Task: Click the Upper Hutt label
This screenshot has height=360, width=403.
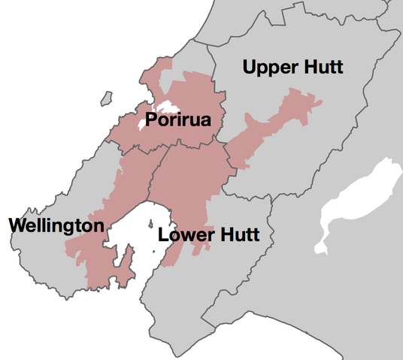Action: [x=292, y=68]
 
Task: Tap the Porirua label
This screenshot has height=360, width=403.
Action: [x=178, y=120]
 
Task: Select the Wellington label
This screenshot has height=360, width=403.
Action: [x=56, y=225]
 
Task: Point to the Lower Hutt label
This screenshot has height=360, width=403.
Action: [x=208, y=235]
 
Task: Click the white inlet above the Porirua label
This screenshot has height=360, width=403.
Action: [x=165, y=107]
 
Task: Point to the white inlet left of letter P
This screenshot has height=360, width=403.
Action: [x=141, y=123]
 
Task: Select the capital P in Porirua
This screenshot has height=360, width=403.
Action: [x=151, y=120]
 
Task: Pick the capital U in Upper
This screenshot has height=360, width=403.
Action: [x=250, y=68]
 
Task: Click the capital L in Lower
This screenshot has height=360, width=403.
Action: [x=163, y=235]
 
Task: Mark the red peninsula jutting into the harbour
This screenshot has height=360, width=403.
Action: [x=129, y=263]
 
